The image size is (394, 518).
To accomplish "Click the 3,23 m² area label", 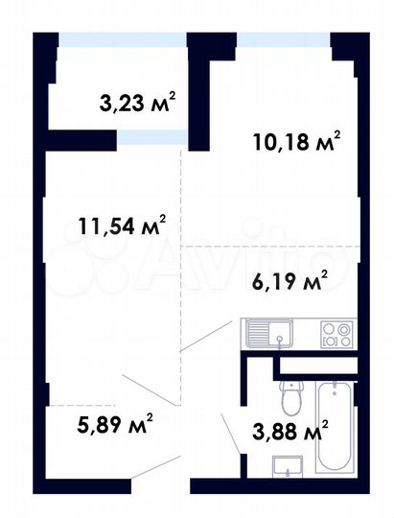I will pyautogui.click(x=139, y=103).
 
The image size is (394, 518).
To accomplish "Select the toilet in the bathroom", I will pyautogui.click(x=289, y=402).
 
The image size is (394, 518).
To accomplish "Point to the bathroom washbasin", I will pyautogui.click(x=285, y=466).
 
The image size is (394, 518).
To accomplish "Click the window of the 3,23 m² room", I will pyautogui.click(x=121, y=41).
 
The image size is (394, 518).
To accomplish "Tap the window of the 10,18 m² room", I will pyautogui.click(x=285, y=40).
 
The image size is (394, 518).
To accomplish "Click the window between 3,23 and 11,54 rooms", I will pyautogui.click(x=151, y=138).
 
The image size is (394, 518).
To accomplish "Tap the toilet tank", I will pyautogui.click(x=289, y=384).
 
